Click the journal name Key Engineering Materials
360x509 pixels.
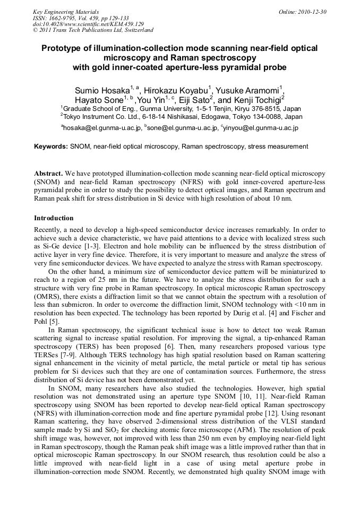tap(66, 12)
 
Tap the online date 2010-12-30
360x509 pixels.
tap(311, 12)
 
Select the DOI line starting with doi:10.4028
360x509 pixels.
tap(88, 24)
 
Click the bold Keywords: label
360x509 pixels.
tap(51, 146)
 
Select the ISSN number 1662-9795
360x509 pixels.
tap(64, 18)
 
